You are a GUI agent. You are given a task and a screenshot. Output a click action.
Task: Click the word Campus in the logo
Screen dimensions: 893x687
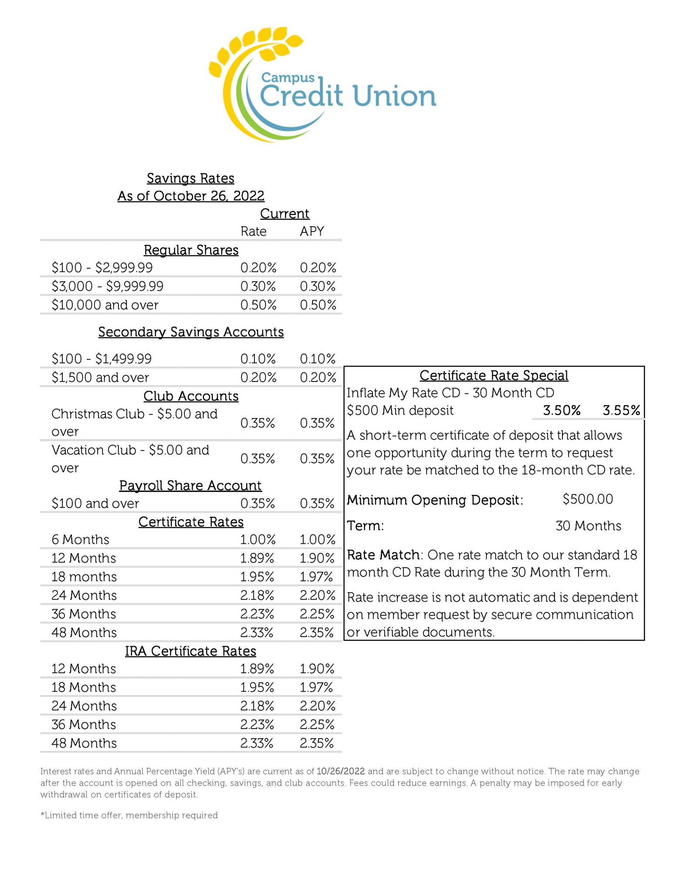pos(288,78)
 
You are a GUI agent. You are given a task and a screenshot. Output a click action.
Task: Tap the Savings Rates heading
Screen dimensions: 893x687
pos(190,178)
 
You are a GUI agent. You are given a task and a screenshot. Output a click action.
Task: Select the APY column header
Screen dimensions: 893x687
pos(312,231)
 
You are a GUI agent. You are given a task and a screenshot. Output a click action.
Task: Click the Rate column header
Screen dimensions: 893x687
pos(254,231)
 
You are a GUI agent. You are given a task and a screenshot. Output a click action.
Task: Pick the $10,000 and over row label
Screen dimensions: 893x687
pos(105,305)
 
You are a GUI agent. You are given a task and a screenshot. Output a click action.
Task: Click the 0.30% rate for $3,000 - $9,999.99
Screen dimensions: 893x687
pos(258,286)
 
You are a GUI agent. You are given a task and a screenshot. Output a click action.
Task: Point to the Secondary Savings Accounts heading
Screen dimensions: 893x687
pos(191,332)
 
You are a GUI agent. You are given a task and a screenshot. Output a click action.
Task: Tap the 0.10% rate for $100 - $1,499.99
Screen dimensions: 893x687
pos(258,359)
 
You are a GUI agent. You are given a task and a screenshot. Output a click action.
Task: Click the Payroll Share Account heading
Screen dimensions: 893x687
pos(190,485)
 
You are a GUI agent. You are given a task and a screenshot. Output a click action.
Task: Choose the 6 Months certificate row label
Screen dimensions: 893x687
pos(80,539)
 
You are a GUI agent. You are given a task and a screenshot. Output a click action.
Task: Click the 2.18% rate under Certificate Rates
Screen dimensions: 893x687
pos(257,595)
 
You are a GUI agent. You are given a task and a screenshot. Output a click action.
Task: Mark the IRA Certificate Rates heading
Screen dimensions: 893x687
pos(190,651)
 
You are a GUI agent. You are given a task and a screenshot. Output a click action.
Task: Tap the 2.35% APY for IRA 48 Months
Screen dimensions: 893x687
pos(317,743)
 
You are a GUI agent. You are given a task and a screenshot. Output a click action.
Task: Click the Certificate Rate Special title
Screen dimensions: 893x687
pos(494,375)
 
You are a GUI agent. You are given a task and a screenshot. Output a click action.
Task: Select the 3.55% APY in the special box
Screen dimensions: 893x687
pos(621,410)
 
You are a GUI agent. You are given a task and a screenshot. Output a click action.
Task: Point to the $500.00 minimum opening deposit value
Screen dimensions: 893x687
pos(588,499)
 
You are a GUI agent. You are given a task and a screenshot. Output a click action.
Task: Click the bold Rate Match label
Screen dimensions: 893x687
pos(383,555)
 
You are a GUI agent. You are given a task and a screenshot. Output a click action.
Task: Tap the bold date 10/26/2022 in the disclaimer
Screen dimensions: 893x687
pos(341,771)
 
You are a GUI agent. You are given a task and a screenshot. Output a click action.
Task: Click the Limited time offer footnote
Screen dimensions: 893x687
pos(129,815)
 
